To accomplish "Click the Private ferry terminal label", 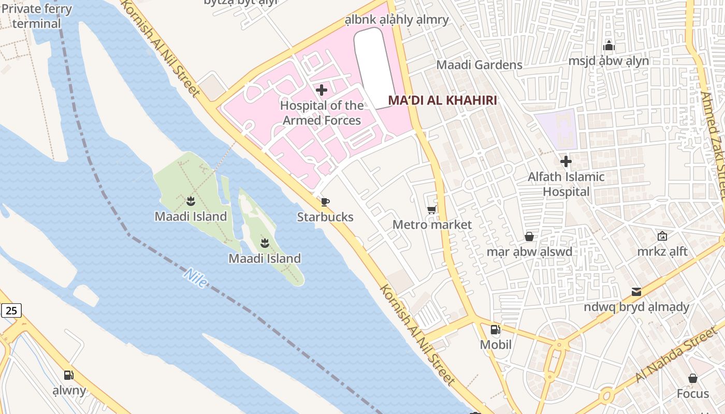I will pyautogui.click(x=37, y=16).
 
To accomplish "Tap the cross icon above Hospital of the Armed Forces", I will pyautogui.click(x=322, y=90).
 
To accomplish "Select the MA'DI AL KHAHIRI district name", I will pyautogui.click(x=442, y=100).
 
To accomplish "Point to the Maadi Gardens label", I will pyautogui.click(x=479, y=65).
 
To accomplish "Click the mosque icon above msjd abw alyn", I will pyautogui.click(x=608, y=46).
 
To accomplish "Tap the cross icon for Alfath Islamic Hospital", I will pyautogui.click(x=566, y=161).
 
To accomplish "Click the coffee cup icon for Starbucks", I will pyautogui.click(x=325, y=202).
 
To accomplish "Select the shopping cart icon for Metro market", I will pyautogui.click(x=431, y=210).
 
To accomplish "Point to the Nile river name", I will pyautogui.click(x=196, y=278).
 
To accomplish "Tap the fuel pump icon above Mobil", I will pyautogui.click(x=495, y=330).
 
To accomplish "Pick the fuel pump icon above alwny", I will pyautogui.click(x=69, y=375).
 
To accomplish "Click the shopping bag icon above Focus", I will pyautogui.click(x=692, y=378).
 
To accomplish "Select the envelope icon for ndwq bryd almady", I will pyautogui.click(x=636, y=292).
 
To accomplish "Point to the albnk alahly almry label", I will pyautogui.click(x=397, y=20).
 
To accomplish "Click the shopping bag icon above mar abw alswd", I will pyautogui.click(x=529, y=236).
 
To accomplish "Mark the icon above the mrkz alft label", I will pyautogui.click(x=662, y=236).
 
